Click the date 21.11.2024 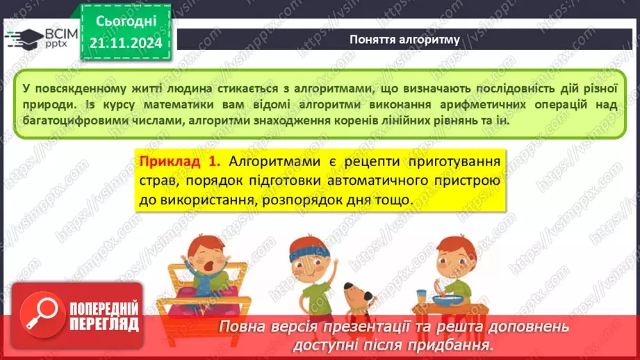pos(126,42)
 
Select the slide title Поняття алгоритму pos(404,39)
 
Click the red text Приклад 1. pos(180,162)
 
